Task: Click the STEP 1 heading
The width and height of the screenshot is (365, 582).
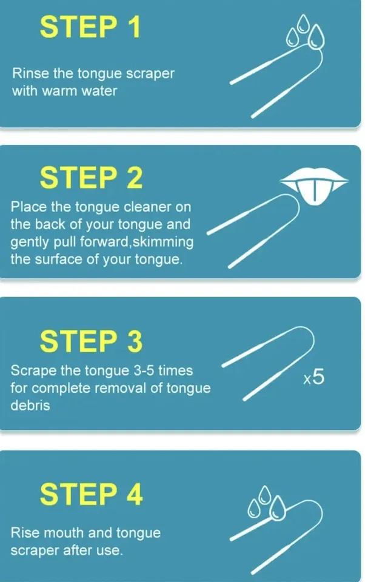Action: [90, 27]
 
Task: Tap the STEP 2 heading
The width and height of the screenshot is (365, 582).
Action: [91, 178]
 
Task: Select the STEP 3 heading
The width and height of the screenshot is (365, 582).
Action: [91, 342]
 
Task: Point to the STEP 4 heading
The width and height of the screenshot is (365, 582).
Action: [91, 494]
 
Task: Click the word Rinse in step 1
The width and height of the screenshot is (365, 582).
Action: [28, 74]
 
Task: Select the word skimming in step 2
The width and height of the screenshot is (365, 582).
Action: [164, 242]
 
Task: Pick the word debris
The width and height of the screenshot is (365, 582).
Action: [30, 406]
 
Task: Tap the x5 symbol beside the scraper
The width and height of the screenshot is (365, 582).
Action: [314, 378]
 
